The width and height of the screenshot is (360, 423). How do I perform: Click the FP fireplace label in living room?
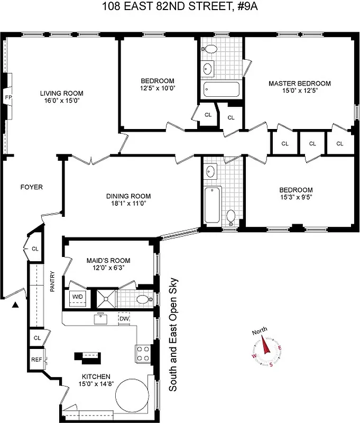[8, 98]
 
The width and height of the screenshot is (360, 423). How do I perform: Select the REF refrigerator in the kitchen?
[36, 360]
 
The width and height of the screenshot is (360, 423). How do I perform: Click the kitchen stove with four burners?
[143, 353]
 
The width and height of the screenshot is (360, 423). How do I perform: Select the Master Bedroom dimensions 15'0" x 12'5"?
[299, 90]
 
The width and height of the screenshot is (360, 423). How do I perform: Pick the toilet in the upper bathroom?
[210, 50]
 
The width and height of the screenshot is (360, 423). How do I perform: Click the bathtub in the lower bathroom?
[211, 205]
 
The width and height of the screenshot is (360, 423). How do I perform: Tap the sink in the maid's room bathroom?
[142, 299]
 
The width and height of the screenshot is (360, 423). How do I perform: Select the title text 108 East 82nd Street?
[179, 7]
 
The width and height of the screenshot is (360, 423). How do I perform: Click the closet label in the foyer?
[35, 249]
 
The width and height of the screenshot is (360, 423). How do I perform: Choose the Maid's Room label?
[108, 260]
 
